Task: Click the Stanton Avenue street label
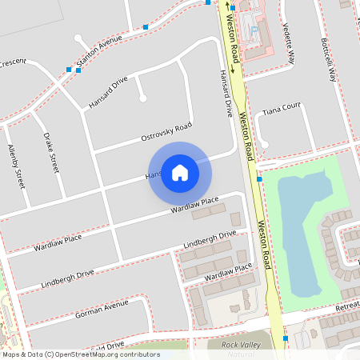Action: coord(98,50)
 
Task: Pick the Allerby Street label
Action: coord(16,166)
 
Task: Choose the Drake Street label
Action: coord(52,153)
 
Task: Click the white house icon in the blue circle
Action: coord(179,173)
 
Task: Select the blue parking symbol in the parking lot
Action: coord(254,30)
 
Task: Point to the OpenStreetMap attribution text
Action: coord(80,354)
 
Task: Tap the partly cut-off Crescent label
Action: coord(13,62)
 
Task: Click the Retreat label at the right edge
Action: coord(347,306)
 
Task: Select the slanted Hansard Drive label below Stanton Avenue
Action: coord(108,92)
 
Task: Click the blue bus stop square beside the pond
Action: coord(260,179)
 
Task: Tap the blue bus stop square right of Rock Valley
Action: coord(286,338)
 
